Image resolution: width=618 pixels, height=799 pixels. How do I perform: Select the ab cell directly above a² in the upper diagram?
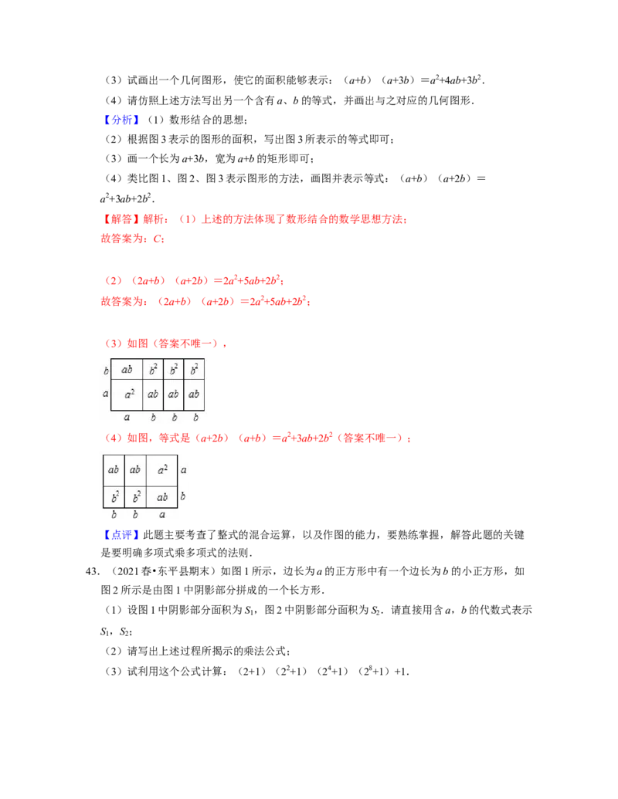point(127,370)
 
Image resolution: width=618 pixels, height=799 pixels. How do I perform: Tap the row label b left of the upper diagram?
point(106,371)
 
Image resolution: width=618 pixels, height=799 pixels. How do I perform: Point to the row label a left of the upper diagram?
point(106,394)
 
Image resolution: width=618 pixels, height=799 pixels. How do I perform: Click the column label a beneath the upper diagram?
point(127,418)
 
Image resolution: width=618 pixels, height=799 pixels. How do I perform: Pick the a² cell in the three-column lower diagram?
point(162,469)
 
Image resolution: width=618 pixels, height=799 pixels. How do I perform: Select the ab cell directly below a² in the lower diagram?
point(162,497)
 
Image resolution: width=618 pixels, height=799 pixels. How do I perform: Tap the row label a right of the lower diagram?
point(183,469)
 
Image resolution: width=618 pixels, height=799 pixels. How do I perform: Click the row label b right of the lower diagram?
point(183,496)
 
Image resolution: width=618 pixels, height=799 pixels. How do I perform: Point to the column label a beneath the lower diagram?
point(162,515)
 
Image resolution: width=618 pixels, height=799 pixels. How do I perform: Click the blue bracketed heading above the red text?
point(123,120)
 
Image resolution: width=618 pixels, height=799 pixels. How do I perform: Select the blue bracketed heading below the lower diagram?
point(123,535)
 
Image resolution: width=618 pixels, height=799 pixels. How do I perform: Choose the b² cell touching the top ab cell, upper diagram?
point(153,370)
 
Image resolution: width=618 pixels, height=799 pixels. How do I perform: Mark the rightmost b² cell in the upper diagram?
point(195,370)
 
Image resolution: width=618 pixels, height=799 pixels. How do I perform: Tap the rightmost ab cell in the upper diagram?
point(195,394)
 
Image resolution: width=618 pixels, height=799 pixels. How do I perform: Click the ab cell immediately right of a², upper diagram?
point(153,394)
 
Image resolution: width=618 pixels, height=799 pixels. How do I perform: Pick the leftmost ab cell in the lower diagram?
point(114,469)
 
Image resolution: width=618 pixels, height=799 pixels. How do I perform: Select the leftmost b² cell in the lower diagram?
point(114,497)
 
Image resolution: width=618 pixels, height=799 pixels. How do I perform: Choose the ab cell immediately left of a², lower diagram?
point(135,469)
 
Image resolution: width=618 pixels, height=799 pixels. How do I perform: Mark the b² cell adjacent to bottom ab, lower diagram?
point(135,497)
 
